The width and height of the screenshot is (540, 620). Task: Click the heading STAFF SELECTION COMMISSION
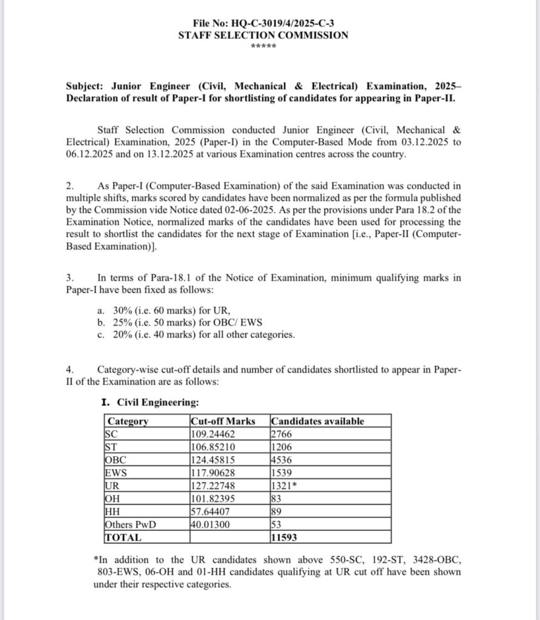tap(263, 35)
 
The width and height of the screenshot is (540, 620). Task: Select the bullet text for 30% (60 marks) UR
tap(157, 309)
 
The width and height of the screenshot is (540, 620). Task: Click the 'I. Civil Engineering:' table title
tap(148, 401)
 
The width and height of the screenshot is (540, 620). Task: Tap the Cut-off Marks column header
tap(223, 421)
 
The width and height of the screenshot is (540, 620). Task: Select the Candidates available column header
tap(318, 421)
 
